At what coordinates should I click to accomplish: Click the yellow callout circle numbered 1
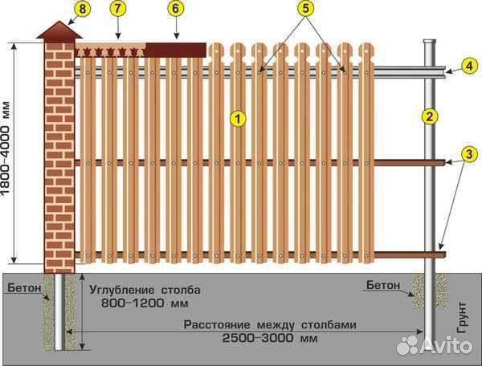point(239,118)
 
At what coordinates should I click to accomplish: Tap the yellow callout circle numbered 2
point(430,116)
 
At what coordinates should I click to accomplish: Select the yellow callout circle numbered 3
point(469,153)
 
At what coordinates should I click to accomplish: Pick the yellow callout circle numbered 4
point(469,66)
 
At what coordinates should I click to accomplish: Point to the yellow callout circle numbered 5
point(305,8)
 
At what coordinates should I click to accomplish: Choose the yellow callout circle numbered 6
point(175,8)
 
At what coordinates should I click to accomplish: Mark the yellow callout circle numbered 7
point(118,8)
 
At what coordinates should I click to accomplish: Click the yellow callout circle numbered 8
point(83,9)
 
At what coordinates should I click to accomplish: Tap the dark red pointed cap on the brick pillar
point(59,31)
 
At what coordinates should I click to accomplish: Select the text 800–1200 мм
point(145,303)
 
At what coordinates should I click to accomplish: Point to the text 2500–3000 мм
point(270,339)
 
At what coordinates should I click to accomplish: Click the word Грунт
point(462,318)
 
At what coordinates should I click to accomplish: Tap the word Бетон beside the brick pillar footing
point(24,287)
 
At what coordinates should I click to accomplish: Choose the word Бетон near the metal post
point(383,285)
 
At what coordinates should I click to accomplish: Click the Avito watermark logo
point(434,345)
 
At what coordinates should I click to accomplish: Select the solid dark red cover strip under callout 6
point(175,50)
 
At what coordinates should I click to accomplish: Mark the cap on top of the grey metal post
point(430,41)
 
